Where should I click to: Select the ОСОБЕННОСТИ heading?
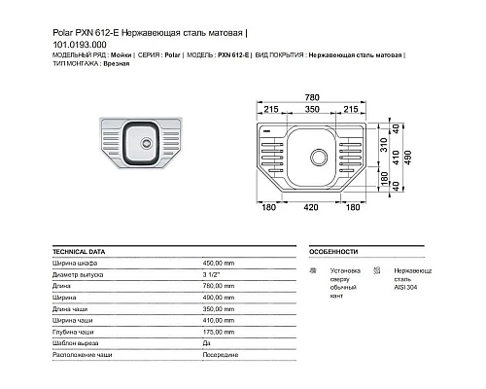tap(334, 250)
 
